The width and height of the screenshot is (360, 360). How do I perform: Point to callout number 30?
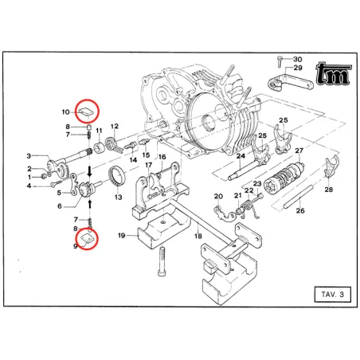297,60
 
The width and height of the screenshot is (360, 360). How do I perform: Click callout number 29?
297,68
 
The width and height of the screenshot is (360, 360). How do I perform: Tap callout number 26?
299,211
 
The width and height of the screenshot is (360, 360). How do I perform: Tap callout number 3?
29,156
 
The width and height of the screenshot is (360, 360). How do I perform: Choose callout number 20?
217,196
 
